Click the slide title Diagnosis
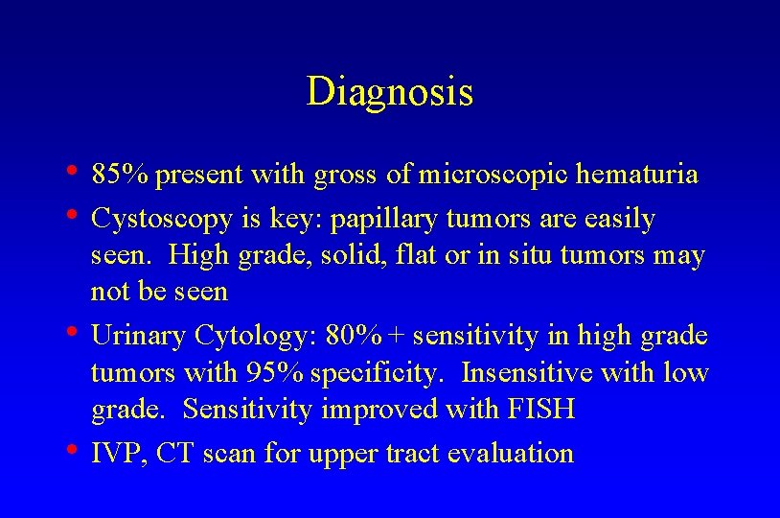click(x=389, y=92)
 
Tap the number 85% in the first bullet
click(x=122, y=176)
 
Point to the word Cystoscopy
click(x=161, y=220)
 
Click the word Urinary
click(x=139, y=337)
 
